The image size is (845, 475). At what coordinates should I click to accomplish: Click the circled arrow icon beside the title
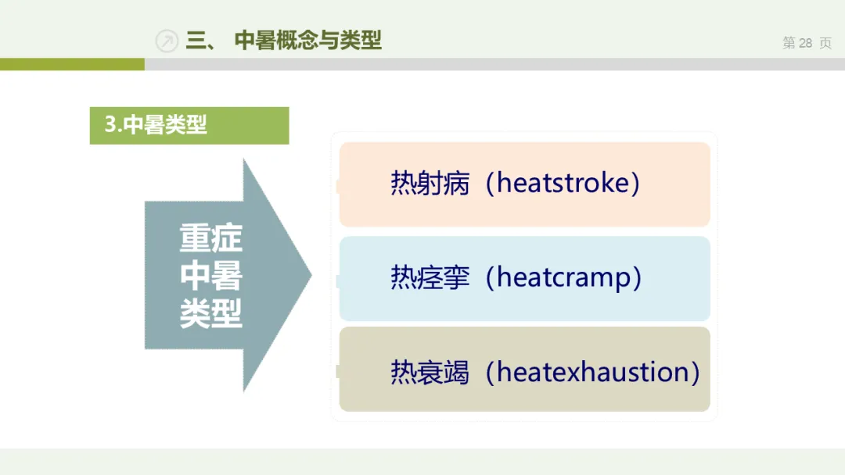(167, 41)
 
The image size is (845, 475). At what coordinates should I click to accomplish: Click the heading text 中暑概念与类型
(307, 41)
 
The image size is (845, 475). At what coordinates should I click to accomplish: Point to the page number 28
(805, 43)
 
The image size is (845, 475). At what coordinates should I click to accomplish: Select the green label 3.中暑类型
(189, 125)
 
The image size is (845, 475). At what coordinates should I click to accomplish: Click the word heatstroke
(563, 183)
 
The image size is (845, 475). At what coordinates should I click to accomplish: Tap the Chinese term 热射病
(430, 183)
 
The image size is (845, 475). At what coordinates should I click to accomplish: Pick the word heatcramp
(563, 277)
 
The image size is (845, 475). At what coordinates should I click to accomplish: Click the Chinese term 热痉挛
(430, 277)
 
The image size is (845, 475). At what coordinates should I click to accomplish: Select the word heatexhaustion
(593, 372)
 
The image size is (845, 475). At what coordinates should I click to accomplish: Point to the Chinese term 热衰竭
(430, 372)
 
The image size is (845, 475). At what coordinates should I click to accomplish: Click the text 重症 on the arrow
(210, 237)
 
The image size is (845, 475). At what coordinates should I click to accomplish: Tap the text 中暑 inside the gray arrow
(210, 276)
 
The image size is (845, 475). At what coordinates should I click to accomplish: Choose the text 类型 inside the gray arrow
(210, 313)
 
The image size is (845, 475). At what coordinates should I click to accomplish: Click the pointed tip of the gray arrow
(311, 275)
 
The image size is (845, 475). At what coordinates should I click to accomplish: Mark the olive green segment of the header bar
(72, 65)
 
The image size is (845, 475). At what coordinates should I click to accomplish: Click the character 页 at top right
(825, 43)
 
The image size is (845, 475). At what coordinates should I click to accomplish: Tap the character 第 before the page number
(789, 43)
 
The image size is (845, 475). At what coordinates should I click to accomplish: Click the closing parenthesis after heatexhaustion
(695, 372)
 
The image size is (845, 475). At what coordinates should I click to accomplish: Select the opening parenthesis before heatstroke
(490, 183)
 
